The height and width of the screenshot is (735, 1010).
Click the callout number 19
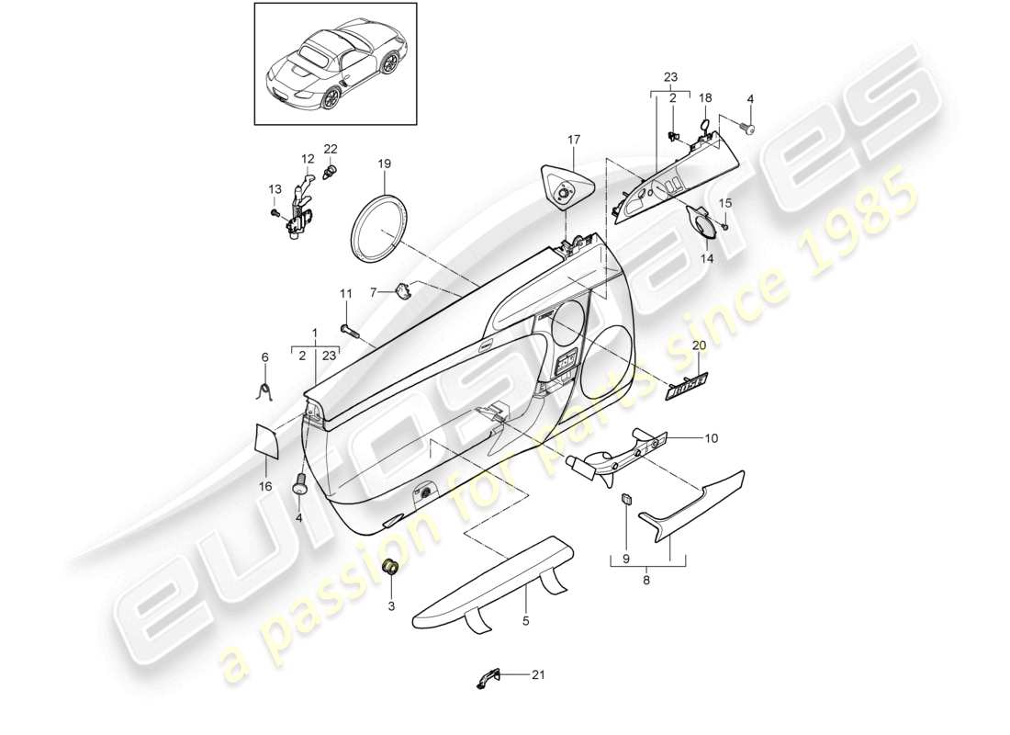point(385,164)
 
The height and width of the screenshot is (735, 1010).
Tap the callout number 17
point(574,140)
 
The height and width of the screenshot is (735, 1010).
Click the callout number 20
point(699,345)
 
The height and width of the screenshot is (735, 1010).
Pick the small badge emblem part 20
point(687,382)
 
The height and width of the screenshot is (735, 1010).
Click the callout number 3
point(389,607)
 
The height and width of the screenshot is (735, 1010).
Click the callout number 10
point(711,439)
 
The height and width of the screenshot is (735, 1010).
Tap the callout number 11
point(346,293)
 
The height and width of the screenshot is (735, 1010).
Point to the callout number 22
point(331,149)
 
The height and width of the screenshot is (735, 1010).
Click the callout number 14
point(707,259)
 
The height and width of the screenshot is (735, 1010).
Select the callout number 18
point(705,96)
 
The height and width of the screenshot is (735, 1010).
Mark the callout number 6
point(265,356)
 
